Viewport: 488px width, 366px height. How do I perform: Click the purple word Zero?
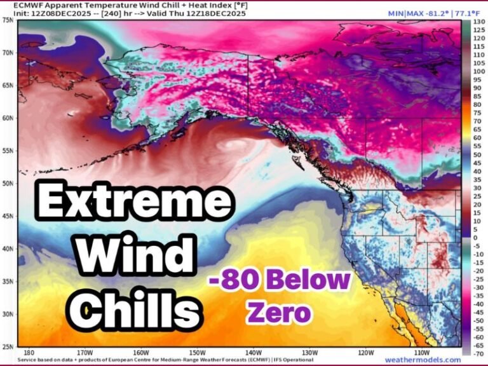point(280,313)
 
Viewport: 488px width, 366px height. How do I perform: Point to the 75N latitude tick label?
point(8,20)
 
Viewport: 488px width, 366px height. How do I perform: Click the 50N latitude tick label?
point(8,183)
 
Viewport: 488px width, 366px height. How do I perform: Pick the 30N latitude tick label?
point(8,314)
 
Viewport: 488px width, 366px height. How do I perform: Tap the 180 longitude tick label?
point(27,351)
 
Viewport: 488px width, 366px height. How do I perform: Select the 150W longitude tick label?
point(197,351)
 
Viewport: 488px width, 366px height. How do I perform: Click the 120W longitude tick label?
point(366,351)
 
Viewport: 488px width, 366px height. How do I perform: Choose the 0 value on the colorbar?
point(475,237)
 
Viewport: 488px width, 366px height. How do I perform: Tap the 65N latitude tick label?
point(8,85)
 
